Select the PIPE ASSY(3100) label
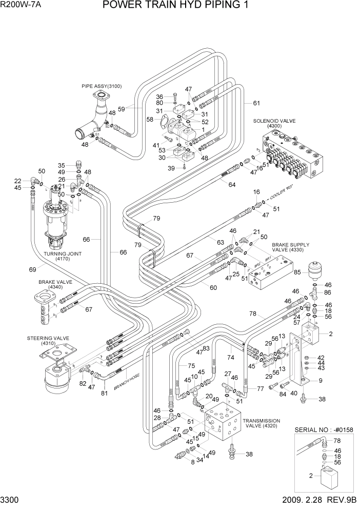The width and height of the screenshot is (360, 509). pos(102,86)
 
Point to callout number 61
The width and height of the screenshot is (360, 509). pos(256,103)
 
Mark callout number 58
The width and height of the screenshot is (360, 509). pos(150,119)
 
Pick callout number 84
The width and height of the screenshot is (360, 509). pos(269,394)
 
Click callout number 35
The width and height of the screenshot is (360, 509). pos(61,165)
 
